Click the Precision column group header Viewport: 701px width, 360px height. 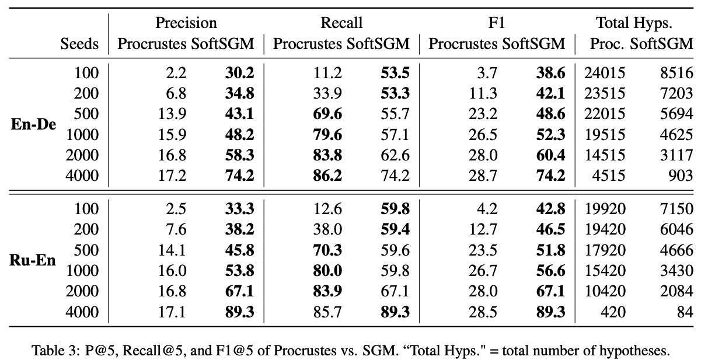(x=186, y=23)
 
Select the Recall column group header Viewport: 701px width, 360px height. (x=341, y=23)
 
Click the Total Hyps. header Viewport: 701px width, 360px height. (x=634, y=23)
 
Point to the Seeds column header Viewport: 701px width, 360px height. (x=80, y=44)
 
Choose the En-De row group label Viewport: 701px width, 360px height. (x=34, y=125)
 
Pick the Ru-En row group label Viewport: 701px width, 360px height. (x=34, y=260)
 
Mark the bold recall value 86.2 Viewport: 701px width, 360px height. (x=327, y=176)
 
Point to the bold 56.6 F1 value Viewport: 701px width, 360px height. (x=550, y=271)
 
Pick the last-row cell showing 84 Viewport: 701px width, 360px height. (x=684, y=312)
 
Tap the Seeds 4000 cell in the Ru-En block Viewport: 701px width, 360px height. (x=83, y=312)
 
